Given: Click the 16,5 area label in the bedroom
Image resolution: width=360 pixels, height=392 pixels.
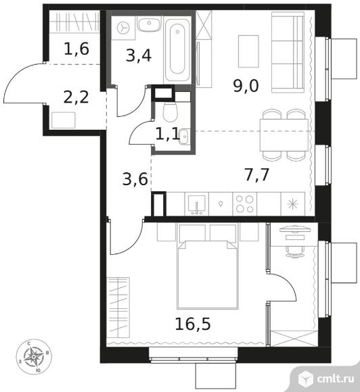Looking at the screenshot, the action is point(193,324).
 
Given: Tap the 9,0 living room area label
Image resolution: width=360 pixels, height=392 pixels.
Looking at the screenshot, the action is point(246,86).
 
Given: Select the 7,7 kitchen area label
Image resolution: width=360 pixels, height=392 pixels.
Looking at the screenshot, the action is point(257,174).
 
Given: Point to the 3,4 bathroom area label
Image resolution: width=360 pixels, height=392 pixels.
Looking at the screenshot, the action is point(139,55).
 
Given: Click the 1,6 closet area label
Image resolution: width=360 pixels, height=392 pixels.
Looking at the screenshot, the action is point(76,49).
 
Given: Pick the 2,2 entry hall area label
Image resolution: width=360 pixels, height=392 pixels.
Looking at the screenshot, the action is point(76,97).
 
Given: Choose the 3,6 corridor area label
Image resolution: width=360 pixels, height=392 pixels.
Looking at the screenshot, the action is point(135,179).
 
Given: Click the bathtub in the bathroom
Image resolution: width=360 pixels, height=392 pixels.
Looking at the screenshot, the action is point(177,50).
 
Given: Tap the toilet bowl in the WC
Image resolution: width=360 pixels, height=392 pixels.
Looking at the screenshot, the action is point(171,112).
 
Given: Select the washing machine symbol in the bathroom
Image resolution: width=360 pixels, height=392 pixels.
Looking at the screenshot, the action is point(123,28).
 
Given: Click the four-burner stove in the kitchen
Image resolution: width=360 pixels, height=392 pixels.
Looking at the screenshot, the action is point(244,203).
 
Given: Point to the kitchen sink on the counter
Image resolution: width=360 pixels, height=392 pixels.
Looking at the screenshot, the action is point(197,204).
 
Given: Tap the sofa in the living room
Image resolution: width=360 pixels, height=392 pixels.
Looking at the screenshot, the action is point(288,52).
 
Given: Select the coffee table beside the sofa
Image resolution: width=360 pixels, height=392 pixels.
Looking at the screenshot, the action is point(248,51).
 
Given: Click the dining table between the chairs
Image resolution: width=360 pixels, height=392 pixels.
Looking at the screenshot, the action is point(284,135).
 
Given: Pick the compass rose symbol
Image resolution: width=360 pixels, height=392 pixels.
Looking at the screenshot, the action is point(34,356).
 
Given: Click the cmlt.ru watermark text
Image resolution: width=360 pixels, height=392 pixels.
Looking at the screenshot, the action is point(336,378).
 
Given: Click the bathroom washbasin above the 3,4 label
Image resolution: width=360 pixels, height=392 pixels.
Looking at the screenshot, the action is point(149,24).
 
